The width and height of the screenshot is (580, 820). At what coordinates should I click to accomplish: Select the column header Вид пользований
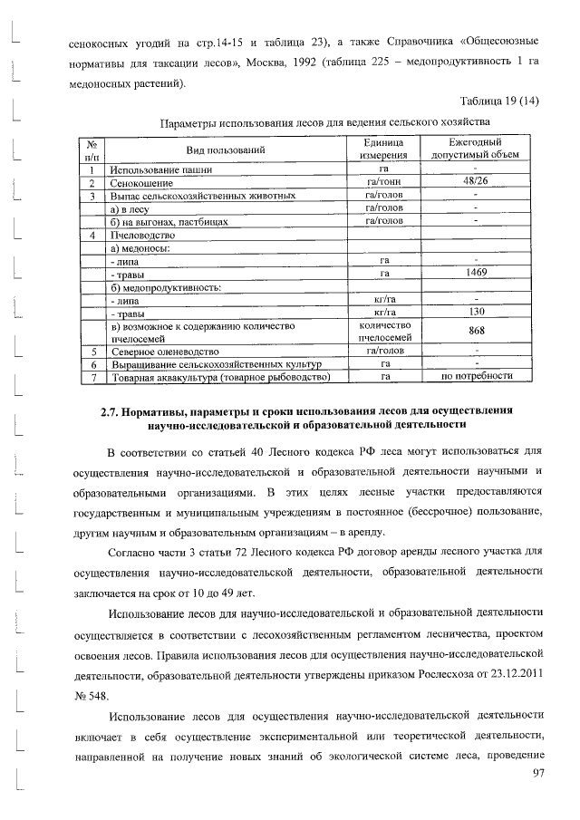(x=226, y=150)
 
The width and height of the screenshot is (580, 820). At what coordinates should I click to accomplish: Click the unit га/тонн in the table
(x=384, y=182)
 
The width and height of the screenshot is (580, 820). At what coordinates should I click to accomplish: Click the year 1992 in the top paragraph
(x=337, y=65)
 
